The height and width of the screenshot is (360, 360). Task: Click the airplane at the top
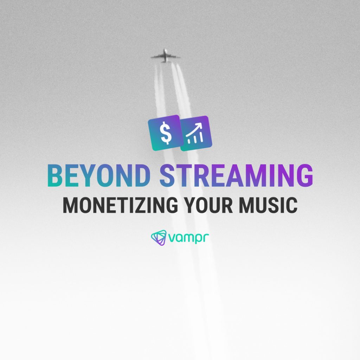165,56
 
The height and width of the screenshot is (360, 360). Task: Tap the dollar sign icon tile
165,133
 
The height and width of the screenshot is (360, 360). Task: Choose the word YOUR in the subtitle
209,206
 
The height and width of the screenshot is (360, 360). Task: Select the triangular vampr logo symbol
159,237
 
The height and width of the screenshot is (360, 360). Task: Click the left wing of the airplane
156,57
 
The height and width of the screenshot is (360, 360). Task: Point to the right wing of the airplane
174,57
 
